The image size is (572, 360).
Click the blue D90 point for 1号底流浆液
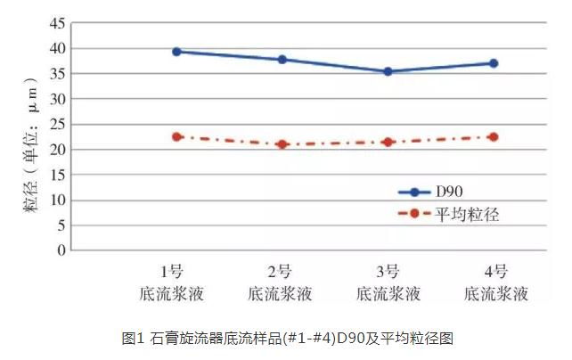pos(176,52)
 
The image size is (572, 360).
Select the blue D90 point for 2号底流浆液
pos(282,60)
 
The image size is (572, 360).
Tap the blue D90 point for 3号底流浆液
pos(388,71)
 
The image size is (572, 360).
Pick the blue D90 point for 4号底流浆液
pos(494,63)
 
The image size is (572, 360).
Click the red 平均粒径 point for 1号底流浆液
pos(176,136)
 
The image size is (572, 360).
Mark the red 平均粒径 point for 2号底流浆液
pos(282,144)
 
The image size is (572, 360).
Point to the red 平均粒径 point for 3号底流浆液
pos(388,142)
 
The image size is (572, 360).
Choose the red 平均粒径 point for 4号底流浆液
pos(494,136)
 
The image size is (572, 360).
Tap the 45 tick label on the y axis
pos(56,23)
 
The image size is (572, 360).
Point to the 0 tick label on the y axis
pos(61,250)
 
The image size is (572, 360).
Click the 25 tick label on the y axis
pos(56,124)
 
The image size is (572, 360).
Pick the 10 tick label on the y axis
pos(56,200)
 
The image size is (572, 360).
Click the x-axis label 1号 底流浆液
pos(175,282)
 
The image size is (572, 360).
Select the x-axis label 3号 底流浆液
pos(388,282)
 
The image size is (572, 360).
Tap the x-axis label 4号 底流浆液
pos(496,282)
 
